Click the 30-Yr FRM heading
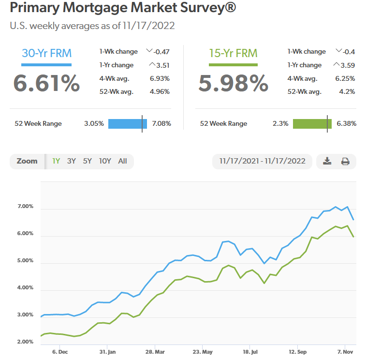(46, 54)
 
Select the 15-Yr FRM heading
(233, 54)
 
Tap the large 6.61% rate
(46, 83)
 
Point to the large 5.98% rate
(234, 83)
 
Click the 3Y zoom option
(71, 161)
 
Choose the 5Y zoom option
(87, 161)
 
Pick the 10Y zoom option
(105, 161)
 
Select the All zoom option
(122, 161)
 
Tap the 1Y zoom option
(56, 161)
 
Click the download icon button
(327, 161)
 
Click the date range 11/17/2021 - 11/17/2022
(262, 161)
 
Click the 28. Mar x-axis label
(156, 351)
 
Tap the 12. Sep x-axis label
(298, 351)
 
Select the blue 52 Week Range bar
(127, 123)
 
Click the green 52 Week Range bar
(312, 123)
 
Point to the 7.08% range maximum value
(161, 123)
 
